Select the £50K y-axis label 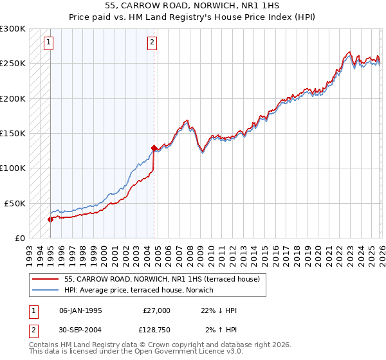pyautogui.click(x=15, y=203)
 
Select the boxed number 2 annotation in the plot pyautogui.click(x=152, y=43)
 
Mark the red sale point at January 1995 pyautogui.click(x=50, y=219)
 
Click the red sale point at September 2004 pyautogui.click(x=154, y=148)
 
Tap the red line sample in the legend pyautogui.click(x=46, y=279)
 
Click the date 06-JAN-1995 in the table pyautogui.click(x=80, y=310)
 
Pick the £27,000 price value pyautogui.click(x=156, y=310)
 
